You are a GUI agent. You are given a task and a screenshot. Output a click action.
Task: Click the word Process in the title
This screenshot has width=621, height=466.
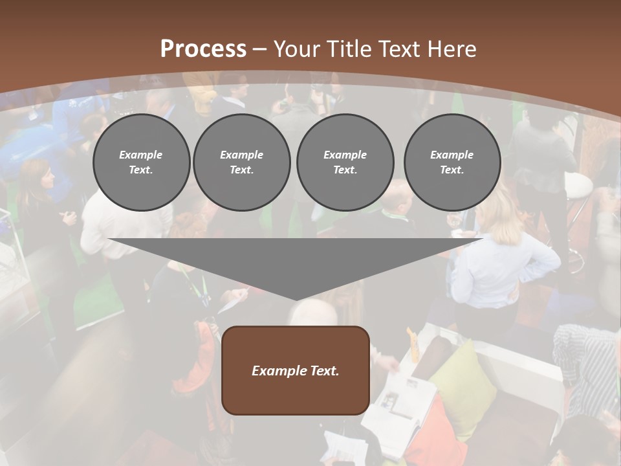[203, 49]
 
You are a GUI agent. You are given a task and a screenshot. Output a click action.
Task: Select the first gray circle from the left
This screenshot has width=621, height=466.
[141, 162]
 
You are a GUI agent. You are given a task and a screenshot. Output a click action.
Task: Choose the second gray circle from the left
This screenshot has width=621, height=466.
[241, 162]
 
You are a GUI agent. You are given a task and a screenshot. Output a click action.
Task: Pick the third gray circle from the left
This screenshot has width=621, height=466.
[345, 162]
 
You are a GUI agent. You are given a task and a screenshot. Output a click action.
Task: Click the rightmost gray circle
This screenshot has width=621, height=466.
[452, 162]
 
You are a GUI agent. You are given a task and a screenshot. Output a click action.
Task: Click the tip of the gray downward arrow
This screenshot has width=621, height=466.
[296, 299]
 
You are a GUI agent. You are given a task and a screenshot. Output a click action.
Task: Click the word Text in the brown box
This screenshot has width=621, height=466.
[323, 371]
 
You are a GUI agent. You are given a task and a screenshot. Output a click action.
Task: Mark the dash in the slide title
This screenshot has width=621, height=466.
[260, 50]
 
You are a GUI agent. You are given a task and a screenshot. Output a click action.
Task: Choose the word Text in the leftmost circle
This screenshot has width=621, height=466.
[141, 170]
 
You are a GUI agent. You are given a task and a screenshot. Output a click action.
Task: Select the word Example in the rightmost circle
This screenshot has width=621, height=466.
[452, 155]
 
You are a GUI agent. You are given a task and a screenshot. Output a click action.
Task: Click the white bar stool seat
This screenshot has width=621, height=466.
[578, 186]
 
